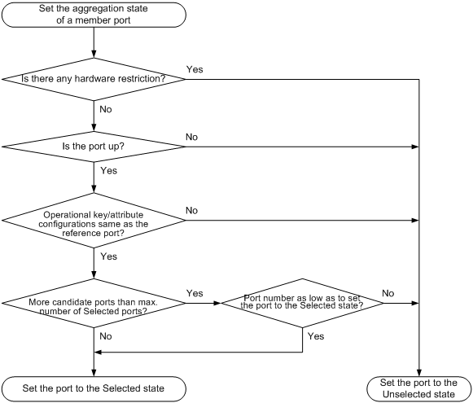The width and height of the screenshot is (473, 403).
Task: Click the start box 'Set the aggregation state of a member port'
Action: (x=94, y=15)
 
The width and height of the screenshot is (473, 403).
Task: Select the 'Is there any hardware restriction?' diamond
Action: (x=94, y=79)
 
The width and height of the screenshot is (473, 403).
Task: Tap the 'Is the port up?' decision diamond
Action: (x=94, y=147)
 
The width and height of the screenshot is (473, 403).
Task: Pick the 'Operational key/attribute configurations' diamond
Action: (x=94, y=220)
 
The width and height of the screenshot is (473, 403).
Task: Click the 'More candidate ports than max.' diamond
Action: (x=94, y=303)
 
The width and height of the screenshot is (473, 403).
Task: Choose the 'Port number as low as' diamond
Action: (x=303, y=303)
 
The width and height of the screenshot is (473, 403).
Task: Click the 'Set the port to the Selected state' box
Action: (x=94, y=388)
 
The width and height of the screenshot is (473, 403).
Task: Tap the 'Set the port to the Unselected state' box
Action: (x=418, y=388)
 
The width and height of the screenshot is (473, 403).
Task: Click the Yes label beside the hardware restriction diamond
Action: (x=195, y=69)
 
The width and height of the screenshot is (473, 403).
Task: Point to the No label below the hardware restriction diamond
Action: (x=106, y=109)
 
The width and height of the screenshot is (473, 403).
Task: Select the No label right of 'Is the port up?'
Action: (x=191, y=137)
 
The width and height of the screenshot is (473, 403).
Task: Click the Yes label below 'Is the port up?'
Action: (x=108, y=170)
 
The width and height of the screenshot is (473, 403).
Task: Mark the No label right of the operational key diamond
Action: (x=191, y=210)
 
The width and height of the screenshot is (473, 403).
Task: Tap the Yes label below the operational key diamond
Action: (x=108, y=256)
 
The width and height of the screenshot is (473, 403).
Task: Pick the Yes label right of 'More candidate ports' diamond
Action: (x=195, y=293)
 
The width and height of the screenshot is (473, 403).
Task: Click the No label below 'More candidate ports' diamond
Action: (x=106, y=336)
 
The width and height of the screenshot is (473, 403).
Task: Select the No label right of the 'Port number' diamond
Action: (x=388, y=293)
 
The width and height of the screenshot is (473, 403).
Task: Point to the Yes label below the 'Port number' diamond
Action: (x=316, y=336)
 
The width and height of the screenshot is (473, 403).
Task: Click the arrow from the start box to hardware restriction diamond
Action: (x=94, y=42)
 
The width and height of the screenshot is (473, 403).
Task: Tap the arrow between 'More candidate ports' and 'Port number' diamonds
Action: (x=204, y=303)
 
